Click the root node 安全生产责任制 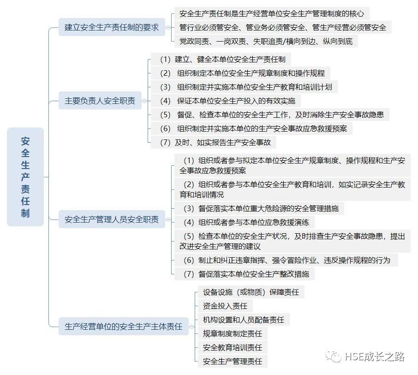(x=25, y=177)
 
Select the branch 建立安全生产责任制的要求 (x=112, y=27)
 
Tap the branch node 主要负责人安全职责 (x=100, y=101)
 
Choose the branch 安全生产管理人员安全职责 (x=112, y=219)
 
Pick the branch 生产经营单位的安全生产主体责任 (x=124, y=327)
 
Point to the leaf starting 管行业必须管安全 (x=283, y=27)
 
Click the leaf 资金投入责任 (x=225, y=306)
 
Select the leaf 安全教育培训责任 (x=233, y=347)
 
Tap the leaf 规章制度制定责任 (x=233, y=333)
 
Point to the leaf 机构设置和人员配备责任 (x=244, y=320)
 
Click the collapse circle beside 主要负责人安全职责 (x=144, y=101)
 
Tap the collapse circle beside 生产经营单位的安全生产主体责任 (x=191, y=327)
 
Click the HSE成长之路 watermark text (x=375, y=357)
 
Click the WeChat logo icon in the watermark (x=333, y=357)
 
